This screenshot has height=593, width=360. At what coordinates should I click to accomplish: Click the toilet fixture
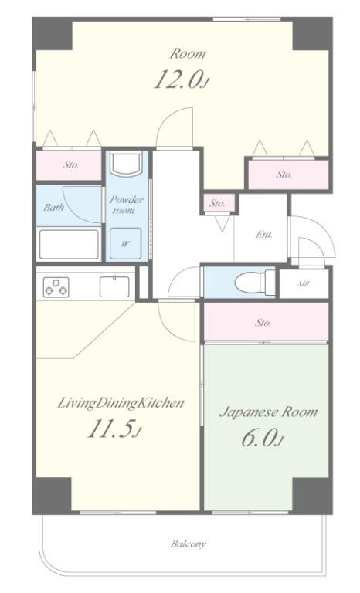[x=255, y=282]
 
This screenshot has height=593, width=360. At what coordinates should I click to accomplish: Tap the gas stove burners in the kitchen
[x=56, y=287]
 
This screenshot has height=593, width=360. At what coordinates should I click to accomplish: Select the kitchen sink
[x=114, y=286]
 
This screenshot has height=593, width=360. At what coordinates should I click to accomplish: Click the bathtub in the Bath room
[x=69, y=244]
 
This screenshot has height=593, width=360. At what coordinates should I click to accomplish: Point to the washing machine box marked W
[x=125, y=243]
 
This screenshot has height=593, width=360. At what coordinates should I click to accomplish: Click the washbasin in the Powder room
[x=126, y=163]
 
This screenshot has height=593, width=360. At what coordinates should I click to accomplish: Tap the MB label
[x=303, y=283]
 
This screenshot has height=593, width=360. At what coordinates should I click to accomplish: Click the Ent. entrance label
[x=264, y=235]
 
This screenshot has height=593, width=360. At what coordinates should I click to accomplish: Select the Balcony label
[x=188, y=544]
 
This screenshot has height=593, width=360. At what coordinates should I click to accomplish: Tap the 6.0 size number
[x=263, y=438]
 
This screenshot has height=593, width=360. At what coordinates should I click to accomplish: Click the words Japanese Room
[x=268, y=412]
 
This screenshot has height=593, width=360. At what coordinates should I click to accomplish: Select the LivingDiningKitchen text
[x=121, y=403]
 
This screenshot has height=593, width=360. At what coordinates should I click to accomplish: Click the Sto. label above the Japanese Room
[x=263, y=323]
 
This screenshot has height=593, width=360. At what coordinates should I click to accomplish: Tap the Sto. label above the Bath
[x=71, y=165]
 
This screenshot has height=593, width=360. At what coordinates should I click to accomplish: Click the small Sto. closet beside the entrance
[x=217, y=204]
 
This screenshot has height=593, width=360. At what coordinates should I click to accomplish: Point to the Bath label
[x=53, y=207]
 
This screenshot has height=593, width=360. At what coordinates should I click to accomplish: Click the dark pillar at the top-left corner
[x=53, y=34]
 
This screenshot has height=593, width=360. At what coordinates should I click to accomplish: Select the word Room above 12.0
[x=188, y=54]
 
